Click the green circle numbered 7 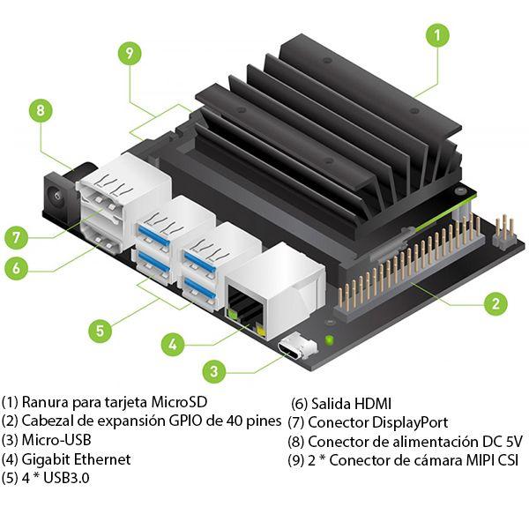pos(18,237)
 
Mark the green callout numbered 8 pos(40,111)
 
